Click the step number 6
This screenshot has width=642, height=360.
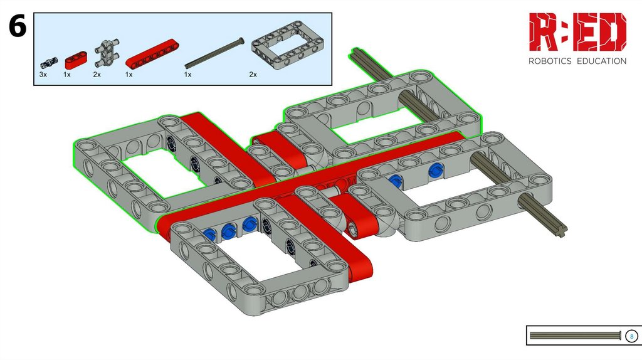pyautogui.click(x=17, y=26)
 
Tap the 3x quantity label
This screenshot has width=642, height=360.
pyautogui.click(x=43, y=75)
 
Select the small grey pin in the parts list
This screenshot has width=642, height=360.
pyautogui.click(x=49, y=63)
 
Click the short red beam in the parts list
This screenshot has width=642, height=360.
pyautogui.click(x=76, y=60)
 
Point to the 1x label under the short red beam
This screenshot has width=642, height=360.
pyautogui.click(x=66, y=75)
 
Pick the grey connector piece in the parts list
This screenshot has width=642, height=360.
pyautogui.click(x=107, y=53)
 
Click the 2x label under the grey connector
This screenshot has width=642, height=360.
pyautogui.click(x=97, y=75)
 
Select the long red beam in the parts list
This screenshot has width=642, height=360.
pyautogui.click(x=152, y=53)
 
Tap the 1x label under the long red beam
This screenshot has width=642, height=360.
pyautogui.click(x=129, y=75)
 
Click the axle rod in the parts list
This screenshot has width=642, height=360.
pyautogui.click(x=214, y=53)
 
